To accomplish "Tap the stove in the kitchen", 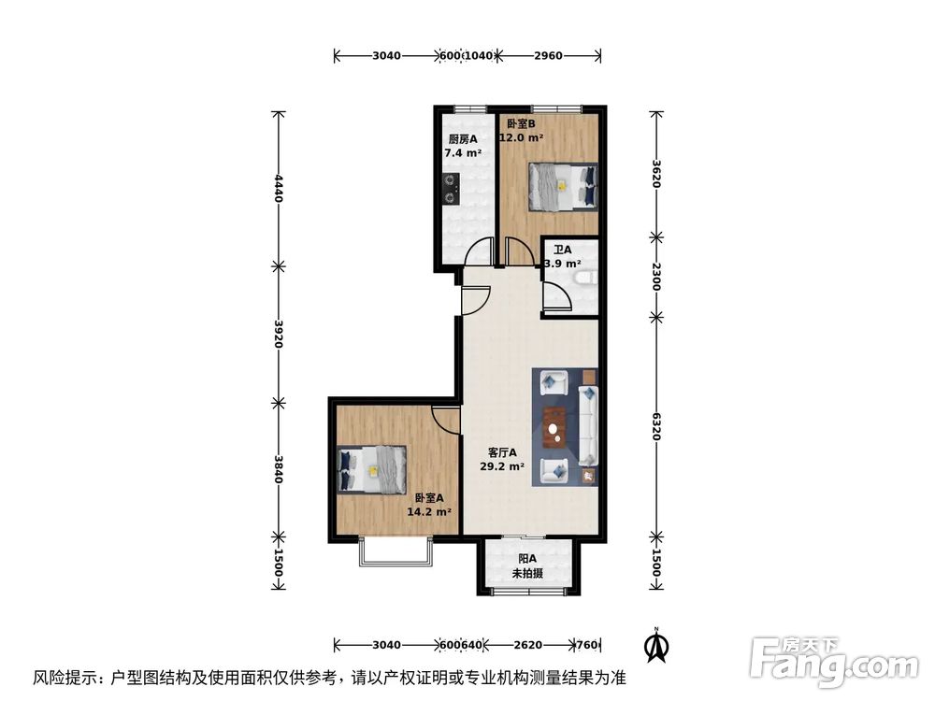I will [x=451, y=188].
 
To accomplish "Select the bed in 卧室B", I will [x=563, y=186].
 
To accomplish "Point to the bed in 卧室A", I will [x=372, y=468].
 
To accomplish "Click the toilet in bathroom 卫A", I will [x=585, y=278].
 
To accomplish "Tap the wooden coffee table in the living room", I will [x=555, y=427].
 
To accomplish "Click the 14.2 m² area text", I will [x=429, y=511].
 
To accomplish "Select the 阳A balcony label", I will [x=525, y=559].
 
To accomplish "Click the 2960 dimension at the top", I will [x=548, y=56].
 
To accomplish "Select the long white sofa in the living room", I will [x=589, y=425].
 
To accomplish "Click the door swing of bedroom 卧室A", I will [x=446, y=421].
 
